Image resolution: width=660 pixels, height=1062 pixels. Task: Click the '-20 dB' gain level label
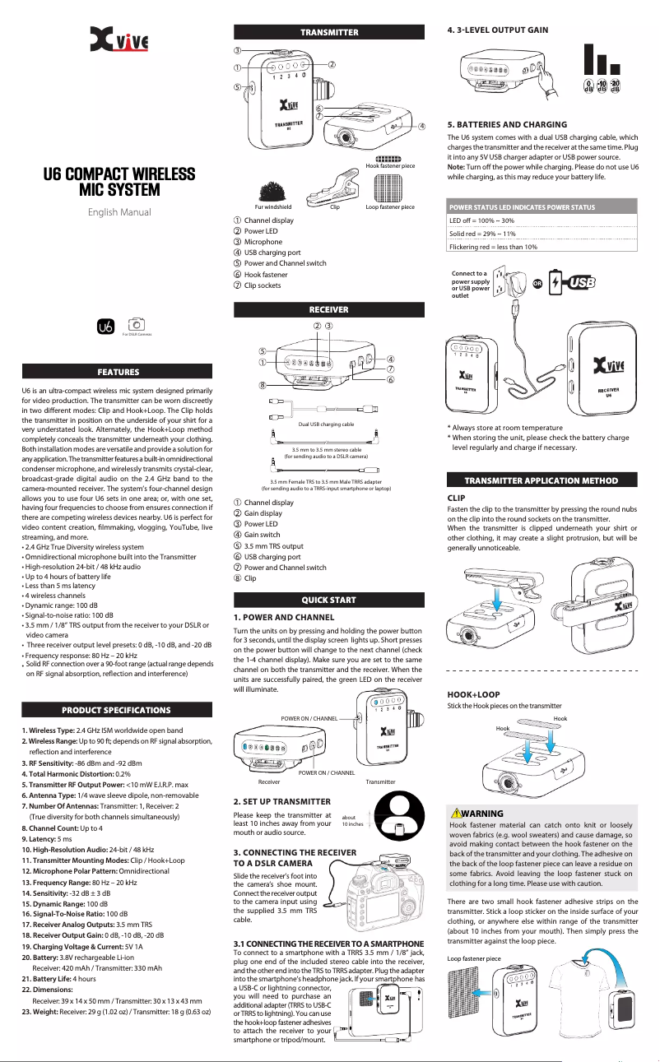click(x=614, y=87)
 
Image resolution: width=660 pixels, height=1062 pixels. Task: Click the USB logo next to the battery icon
click(x=583, y=282)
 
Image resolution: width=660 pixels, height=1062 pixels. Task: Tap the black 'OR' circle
click(x=537, y=282)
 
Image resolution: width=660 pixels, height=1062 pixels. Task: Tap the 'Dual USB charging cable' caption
click(x=326, y=424)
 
